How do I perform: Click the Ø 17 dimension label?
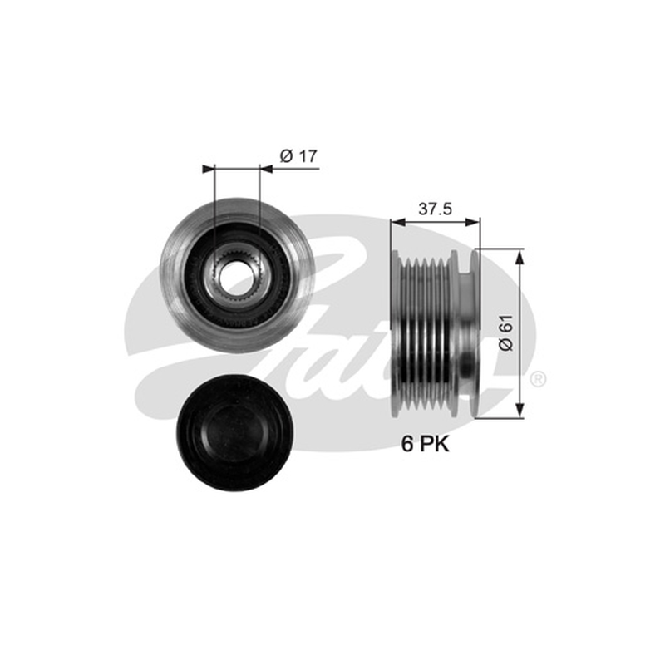298,156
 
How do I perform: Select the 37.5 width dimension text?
435,209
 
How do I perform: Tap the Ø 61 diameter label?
506,332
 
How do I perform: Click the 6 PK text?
425,444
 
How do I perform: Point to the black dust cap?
234,432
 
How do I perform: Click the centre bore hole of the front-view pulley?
232,276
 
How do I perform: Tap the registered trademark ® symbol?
538,379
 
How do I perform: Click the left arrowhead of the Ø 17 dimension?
209,169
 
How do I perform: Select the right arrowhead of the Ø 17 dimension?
265,169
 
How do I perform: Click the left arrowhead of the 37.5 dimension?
398,221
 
